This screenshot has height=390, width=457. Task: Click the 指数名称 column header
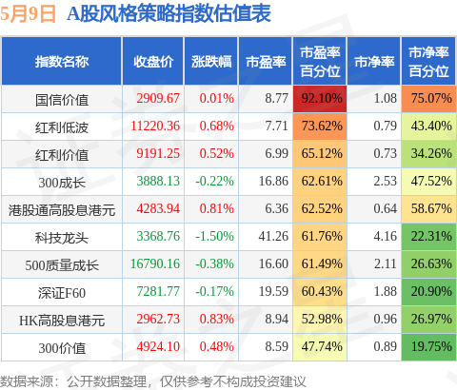[x=62, y=62]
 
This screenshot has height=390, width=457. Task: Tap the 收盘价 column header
[x=153, y=62]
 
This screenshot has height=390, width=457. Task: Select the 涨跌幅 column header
[x=211, y=62]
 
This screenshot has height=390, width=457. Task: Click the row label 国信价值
[x=62, y=100]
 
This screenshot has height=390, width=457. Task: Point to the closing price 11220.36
[x=155, y=126]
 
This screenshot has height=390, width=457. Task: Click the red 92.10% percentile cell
[x=320, y=99]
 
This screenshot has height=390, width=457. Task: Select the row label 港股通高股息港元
[x=62, y=210]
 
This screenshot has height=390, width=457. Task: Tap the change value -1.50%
[x=214, y=236]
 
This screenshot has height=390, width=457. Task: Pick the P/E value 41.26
[x=273, y=236]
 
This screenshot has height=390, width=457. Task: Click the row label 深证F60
[x=62, y=293]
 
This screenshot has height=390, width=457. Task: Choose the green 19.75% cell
[x=428, y=347]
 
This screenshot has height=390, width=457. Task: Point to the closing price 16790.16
[x=155, y=263]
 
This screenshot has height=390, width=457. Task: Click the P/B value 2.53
[x=385, y=181]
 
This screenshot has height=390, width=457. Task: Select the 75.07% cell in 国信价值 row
[x=428, y=99]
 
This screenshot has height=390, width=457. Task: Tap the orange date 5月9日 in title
[x=28, y=14]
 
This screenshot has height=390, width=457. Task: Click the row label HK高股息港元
[x=62, y=321]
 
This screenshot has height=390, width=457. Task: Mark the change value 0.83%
[x=216, y=319]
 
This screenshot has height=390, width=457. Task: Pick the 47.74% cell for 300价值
[x=320, y=347]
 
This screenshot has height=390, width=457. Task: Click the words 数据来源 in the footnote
[x=27, y=381]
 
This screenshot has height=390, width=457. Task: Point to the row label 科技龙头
[x=62, y=238]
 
